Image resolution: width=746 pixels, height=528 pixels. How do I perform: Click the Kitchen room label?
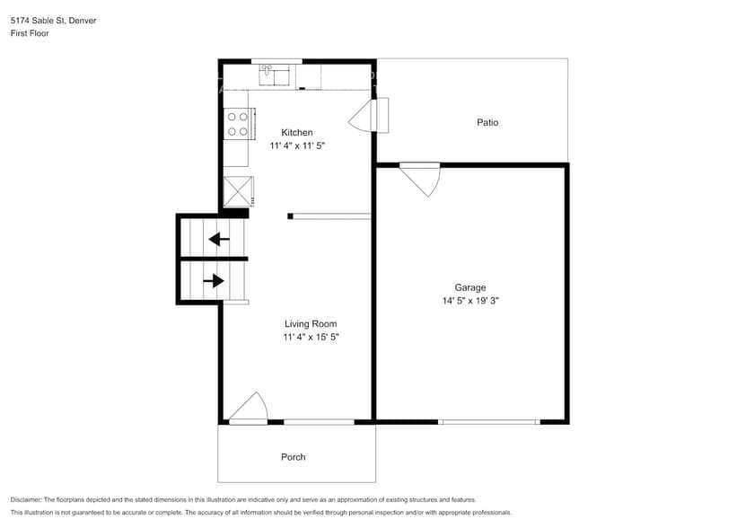[296, 133]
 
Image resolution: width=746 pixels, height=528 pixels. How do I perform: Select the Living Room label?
[311, 324]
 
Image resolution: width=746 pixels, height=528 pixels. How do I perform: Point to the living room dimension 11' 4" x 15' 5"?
[311, 337]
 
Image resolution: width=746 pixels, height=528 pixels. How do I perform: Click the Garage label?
[470, 288]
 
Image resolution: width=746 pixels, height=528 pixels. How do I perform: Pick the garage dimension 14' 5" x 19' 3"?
[470, 302]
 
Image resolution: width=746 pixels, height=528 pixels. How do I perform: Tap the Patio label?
[487, 122]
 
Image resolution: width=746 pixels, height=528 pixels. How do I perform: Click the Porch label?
[293, 457]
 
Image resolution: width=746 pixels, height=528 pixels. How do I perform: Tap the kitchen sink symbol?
[276, 75]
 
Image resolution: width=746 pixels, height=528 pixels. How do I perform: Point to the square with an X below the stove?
[238, 192]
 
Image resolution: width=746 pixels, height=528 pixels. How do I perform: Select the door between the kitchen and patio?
[370, 116]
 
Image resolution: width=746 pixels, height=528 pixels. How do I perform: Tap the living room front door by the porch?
[249, 409]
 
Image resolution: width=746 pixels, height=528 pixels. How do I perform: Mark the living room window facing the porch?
[319, 421]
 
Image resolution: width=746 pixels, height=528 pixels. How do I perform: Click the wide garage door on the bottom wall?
[489, 421]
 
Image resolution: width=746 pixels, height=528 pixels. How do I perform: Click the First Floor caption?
[31, 33]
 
